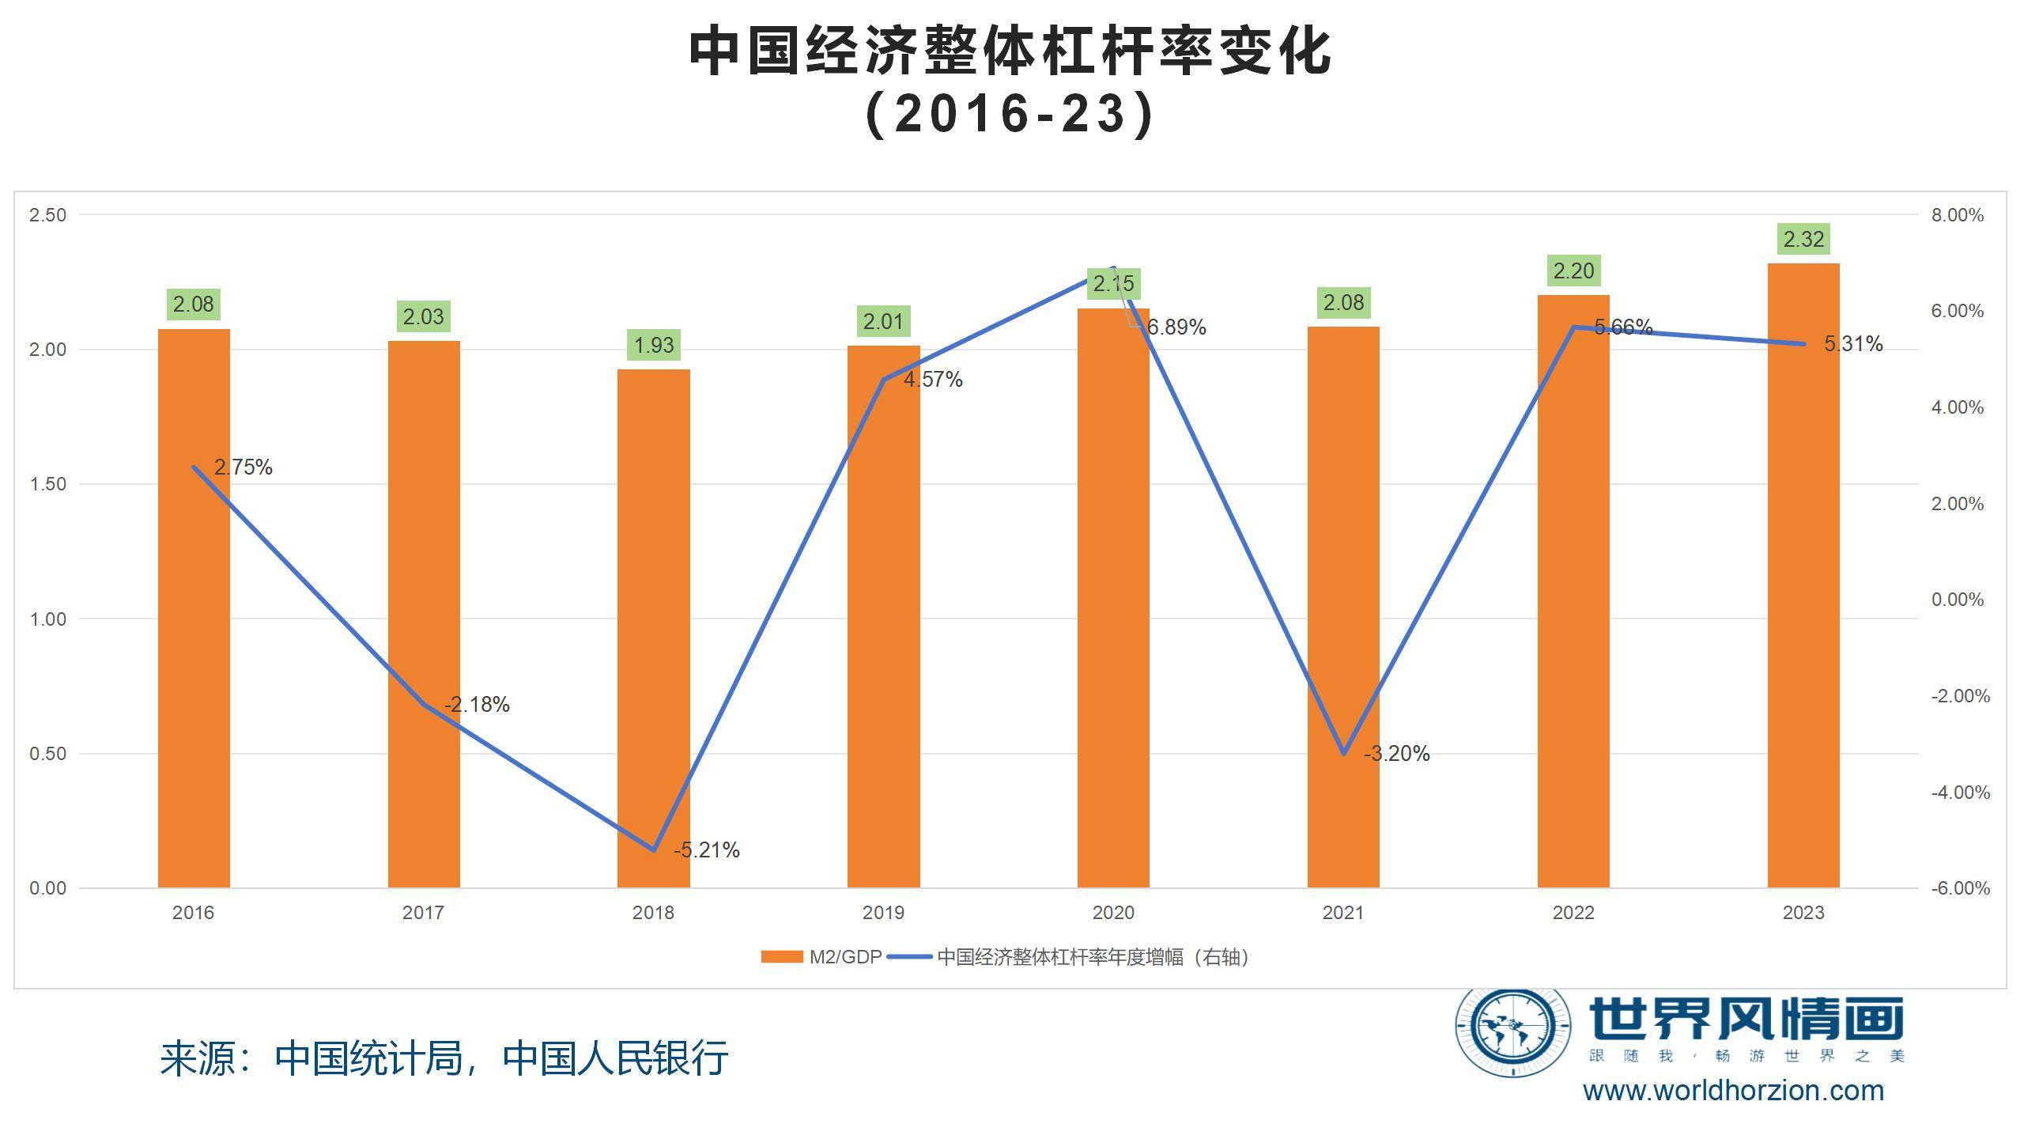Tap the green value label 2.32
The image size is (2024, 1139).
click(1803, 239)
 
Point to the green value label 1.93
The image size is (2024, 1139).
click(654, 345)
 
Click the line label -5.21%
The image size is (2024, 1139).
click(707, 850)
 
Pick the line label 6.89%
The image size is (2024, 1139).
click(1176, 327)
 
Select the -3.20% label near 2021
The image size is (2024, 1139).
click(1397, 754)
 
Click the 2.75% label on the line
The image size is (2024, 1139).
click(244, 467)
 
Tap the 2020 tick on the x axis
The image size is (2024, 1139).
click(1113, 913)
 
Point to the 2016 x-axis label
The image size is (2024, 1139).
click(193, 913)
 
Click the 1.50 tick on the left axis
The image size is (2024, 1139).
click(47, 484)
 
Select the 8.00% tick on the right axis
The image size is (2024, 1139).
click(1958, 215)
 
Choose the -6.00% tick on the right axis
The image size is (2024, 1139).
click(1960, 888)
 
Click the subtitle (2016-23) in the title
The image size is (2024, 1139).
click(1010, 114)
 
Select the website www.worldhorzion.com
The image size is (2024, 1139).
click(1733, 1091)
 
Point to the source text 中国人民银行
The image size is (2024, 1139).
click(615, 1058)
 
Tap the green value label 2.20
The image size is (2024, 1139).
click(1573, 271)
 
